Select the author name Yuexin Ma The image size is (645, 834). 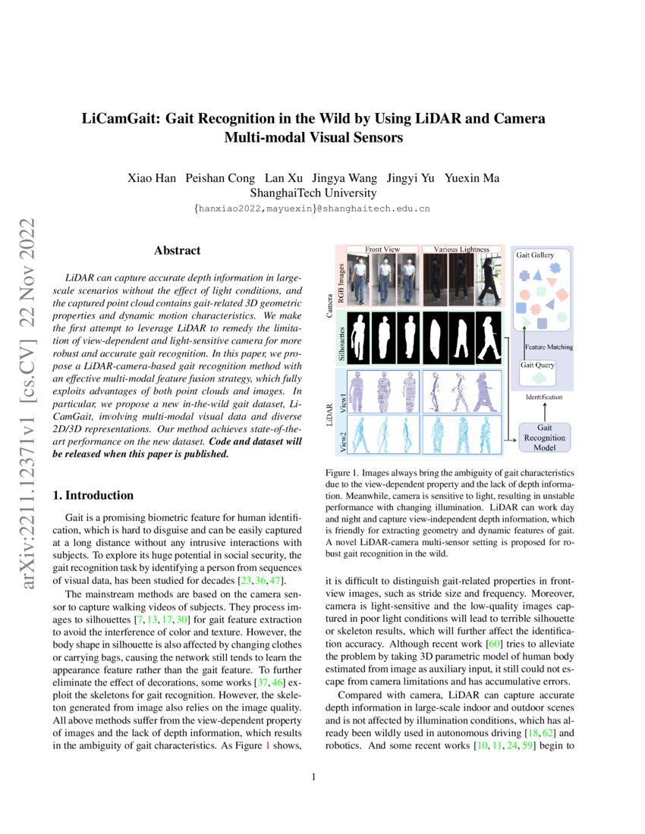472,178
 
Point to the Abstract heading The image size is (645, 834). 178,250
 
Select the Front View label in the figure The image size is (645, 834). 382,249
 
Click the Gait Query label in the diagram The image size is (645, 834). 536,365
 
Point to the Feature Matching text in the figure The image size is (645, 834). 549,346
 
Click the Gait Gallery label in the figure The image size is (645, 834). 536,256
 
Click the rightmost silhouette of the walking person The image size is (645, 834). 486,338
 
